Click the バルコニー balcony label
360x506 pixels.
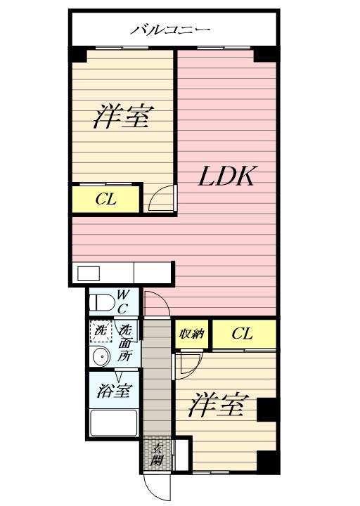click(171, 30)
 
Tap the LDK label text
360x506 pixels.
click(224, 176)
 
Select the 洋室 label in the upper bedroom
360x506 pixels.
click(122, 117)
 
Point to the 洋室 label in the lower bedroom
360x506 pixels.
click(219, 406)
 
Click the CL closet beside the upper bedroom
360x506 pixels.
click(106, 200)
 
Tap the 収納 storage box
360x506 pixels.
click(191, 334)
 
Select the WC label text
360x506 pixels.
click(123, 301)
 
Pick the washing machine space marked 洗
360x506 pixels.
click(101, 330)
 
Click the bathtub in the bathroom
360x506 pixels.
click(115, 424)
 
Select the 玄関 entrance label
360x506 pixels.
click(157, 455)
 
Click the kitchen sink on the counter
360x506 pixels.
click(89, 273)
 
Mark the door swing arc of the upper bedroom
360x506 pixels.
click(162, 199)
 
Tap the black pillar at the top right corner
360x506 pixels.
click(266, 54)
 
